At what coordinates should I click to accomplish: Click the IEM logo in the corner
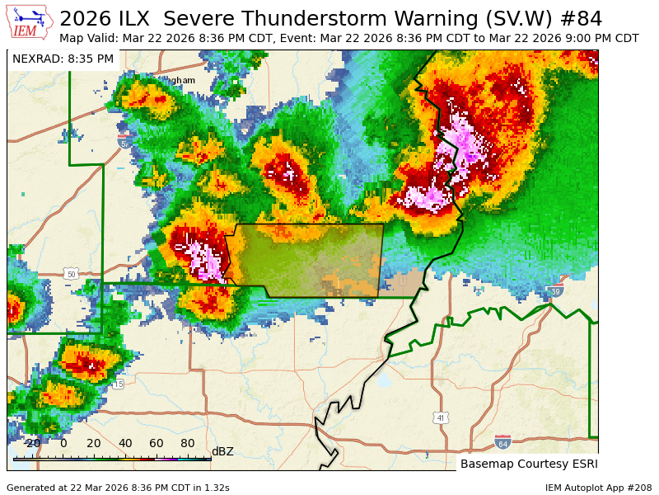point(30,22)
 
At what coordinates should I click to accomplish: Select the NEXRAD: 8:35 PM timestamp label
point(63,59)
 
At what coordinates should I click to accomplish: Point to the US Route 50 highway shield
point(71,274)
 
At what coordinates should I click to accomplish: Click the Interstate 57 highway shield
point(124,143)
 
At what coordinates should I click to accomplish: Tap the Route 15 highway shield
point(118,384)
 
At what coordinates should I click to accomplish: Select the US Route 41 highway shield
point(441,418)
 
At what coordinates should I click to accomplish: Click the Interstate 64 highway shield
point(502,443)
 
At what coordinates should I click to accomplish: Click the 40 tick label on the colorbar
point(124,443)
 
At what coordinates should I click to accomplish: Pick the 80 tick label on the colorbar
point(187,443)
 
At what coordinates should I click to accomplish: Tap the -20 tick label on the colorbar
point(31,443)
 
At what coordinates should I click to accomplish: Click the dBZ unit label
point(222,451)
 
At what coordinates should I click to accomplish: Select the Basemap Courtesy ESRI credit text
point(528,464)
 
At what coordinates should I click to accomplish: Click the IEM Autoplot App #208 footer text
point(598,488)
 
